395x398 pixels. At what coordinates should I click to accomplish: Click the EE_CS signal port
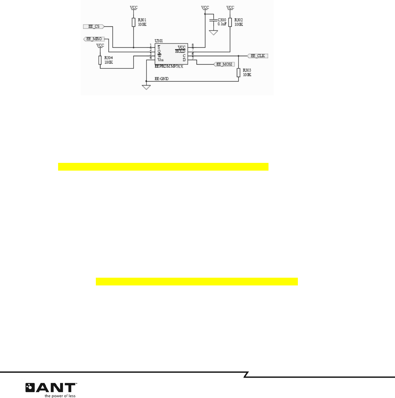94,26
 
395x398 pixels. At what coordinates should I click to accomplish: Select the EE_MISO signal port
94,39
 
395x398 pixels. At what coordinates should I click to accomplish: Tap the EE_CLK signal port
258,56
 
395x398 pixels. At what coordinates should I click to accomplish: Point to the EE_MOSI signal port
224,64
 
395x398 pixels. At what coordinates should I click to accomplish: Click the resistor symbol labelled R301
134,22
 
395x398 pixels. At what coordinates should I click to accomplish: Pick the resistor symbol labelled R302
230,22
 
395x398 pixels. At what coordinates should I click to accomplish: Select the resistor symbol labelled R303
238,73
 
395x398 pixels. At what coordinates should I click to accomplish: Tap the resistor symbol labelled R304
100,60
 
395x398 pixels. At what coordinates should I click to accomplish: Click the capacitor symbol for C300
213,21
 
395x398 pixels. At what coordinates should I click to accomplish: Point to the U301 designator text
158,41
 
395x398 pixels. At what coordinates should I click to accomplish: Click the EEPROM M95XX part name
169,66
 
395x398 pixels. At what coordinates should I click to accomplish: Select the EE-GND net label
161,79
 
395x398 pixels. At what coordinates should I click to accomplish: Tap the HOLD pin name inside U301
180,51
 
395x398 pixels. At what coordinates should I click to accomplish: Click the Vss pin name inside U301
160,60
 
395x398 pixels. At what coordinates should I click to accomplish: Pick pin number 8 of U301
193,45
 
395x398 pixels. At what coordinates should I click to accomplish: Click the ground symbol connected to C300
213,33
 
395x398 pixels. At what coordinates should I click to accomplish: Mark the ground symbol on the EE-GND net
146,87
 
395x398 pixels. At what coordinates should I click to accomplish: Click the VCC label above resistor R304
100,45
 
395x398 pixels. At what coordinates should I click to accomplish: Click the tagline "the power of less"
60,396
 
